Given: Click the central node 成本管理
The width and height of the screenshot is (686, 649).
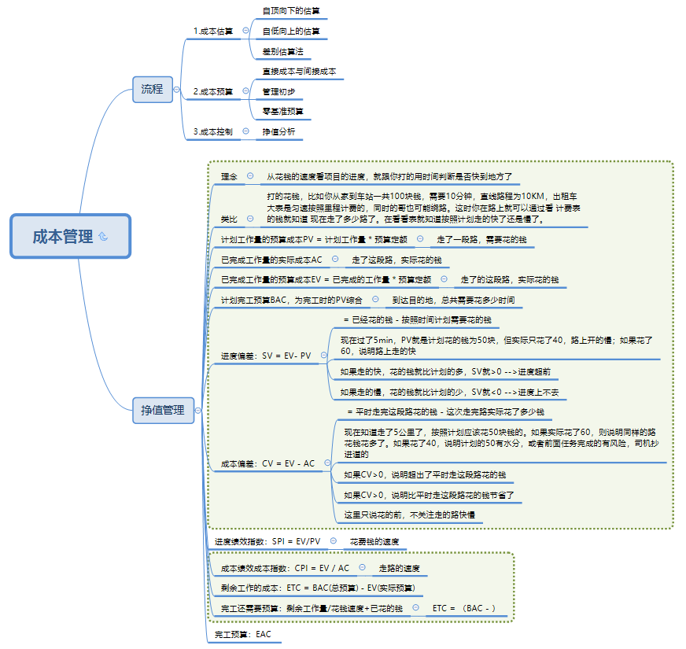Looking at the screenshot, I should [x=63, y=236].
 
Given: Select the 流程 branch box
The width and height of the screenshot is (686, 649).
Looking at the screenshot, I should [x=152, y=89].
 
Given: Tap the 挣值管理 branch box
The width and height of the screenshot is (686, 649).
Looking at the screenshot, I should [x=163, y=410].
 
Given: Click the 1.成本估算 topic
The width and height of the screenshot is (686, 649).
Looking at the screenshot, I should [x=213, y=31].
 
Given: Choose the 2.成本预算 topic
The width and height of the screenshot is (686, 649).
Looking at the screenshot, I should [x=213, y=91].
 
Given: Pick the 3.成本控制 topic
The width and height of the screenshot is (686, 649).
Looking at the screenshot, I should [x=213, y=131].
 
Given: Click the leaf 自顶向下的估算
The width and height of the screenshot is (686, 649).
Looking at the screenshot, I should [x=291, y=11].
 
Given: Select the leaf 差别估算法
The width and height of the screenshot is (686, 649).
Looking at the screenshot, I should [x=282, y=51].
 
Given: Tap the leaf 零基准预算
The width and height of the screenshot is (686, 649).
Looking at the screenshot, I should [x=282, y=112].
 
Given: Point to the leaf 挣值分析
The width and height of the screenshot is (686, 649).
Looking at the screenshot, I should [x=278, y=131].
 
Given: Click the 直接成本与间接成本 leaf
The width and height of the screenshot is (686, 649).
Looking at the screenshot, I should [x=299, y=72].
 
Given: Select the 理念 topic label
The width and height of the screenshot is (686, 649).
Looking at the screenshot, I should [x=229, y=176].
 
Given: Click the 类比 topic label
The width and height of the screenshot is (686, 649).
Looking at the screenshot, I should [x=228, y=218].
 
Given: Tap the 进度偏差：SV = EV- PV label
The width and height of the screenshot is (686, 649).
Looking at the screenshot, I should [x=266, y=356].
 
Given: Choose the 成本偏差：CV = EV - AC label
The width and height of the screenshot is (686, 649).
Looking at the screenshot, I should [x=267, y=463].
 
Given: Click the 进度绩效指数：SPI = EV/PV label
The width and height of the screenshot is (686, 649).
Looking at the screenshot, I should [x=267, y=541].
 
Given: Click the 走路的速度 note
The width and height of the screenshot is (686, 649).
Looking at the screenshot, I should [x=399, y=568].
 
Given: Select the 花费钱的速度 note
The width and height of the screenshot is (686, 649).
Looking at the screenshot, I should [x=374, y=541].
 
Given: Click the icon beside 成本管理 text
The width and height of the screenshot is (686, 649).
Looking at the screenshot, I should [x=104, y=237].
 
